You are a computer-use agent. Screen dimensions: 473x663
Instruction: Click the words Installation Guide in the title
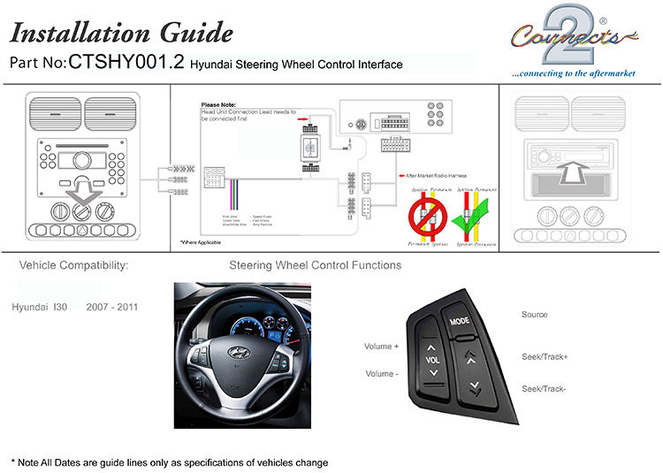coord(121,33)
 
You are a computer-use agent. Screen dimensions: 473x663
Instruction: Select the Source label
coord(534,315)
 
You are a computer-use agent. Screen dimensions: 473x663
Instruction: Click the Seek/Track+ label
coord(545,356)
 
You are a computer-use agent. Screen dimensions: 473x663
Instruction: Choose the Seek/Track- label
coord(544,389)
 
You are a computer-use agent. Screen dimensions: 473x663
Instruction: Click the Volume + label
coord(382,347)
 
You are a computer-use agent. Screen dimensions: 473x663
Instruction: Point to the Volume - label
coord(381,374)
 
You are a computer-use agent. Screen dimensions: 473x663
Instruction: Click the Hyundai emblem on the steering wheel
coord(238,352)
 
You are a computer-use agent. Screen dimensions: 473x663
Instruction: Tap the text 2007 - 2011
coord(111,307)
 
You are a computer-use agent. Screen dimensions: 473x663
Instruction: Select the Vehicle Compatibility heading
coord(73,265)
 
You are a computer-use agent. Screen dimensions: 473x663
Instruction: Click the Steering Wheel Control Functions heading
coord(315,265)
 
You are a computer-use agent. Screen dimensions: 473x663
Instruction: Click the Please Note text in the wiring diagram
coord(220,105)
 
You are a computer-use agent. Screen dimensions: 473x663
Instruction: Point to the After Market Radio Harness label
coord(435,176)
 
